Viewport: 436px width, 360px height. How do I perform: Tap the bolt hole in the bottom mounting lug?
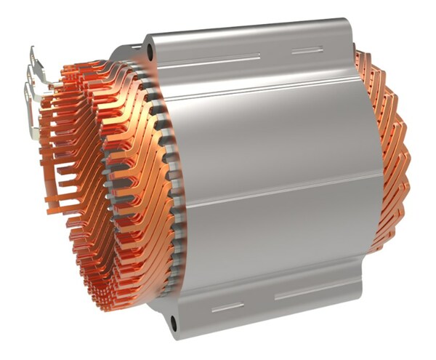pos(174,321)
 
